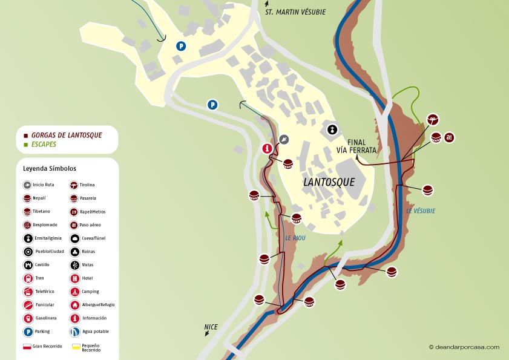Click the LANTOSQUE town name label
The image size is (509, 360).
coord(329,182)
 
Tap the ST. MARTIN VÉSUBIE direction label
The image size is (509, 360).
coord(296,11)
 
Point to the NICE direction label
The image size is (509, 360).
coord(211,327)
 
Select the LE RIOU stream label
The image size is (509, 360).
coord(295,238)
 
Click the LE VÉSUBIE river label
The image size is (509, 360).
coord(421,211)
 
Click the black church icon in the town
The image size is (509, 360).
coord(332,129)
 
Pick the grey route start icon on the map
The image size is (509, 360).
coord(284,139)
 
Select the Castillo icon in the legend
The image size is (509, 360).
coord(27,265)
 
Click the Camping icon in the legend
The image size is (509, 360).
coord(74,292)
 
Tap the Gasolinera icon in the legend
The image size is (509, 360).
coord(27,318)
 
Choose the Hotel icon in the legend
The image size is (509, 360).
coord(74,278)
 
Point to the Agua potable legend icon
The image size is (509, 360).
coord(74,332)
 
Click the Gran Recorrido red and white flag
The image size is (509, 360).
coord(27,347)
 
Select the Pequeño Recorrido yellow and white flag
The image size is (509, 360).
coord(76,347)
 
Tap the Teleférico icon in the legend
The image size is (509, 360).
coord(27,292)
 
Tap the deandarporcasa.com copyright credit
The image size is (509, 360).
coord(464,347)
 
